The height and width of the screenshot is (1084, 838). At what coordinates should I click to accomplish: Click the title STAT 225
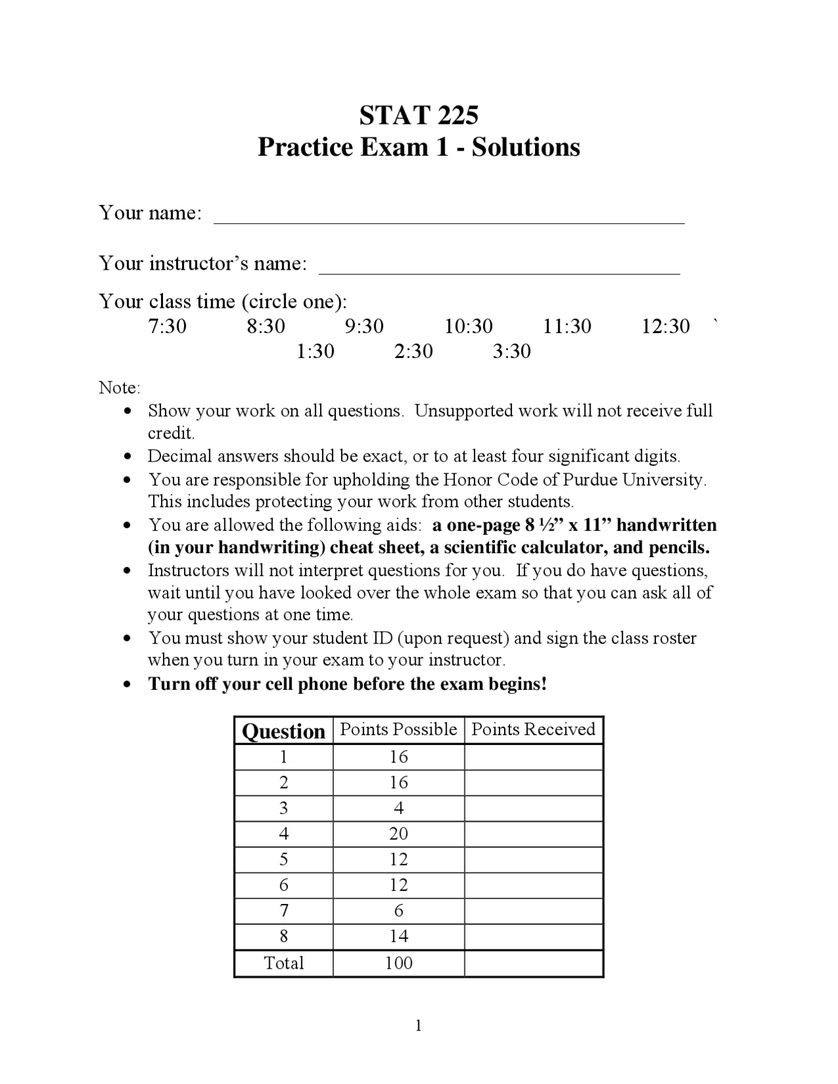click(x=418, y=115)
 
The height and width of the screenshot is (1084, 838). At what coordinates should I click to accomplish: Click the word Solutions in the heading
click(x=526, y=147)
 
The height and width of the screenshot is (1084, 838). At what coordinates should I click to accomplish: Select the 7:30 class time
click(x=167, y=326)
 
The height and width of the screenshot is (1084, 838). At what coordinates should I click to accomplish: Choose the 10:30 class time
click(x=469, y=326)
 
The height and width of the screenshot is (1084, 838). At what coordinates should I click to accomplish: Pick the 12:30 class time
click(x=665, y=326)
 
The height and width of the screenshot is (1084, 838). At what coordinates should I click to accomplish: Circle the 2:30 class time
click(x=413, y=352)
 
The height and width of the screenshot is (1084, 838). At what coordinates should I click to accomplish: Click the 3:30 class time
click(x=511, y=352)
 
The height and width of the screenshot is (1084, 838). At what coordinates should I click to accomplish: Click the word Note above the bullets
click(x=119, y=388)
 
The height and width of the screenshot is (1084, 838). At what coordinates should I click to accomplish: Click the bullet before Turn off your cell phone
click(x=128, y=685)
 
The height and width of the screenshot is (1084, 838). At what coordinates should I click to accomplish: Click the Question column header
click(x=283, y=731)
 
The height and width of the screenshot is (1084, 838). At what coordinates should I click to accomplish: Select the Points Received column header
click(x=533, y=729)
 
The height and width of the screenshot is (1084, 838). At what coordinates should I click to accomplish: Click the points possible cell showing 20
click(x=398, y=833)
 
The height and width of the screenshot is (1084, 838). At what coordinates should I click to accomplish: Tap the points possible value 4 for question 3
click(x=398, y=808)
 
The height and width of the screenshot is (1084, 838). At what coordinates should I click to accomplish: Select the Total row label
click(x=283, y=963)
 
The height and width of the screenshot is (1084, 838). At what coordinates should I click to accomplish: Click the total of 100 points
click(x=398, y=963)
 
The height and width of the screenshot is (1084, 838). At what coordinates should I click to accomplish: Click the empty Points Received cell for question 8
click(x=533, y=936)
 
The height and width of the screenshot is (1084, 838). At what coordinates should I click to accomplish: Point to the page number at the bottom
click(x=418, y=1026)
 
